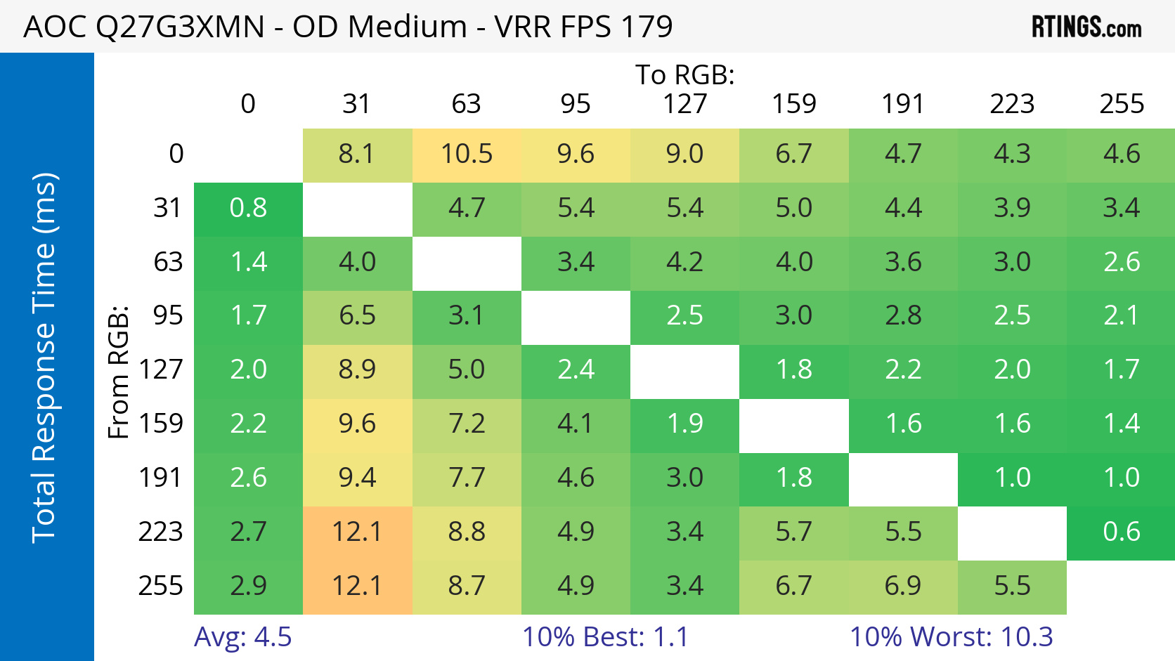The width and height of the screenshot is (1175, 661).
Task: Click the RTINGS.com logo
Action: (1086, 27)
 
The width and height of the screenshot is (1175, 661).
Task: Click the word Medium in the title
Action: (407, 27)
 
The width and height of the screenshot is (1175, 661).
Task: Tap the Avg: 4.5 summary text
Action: (242, 637)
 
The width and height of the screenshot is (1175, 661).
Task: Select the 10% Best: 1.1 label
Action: (605, 637)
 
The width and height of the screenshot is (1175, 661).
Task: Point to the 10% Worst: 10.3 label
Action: (951, 637)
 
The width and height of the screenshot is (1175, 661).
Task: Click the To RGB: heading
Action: (684, 74)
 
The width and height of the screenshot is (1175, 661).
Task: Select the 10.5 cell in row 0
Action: (467, 154)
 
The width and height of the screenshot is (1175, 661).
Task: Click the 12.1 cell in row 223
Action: (357, 532)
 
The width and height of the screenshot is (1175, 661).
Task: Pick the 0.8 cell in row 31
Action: (248, 208)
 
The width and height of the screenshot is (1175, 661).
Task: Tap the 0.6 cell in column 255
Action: (1121, 532)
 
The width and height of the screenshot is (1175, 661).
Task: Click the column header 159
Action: (794, 104)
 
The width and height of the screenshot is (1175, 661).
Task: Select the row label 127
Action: (161, 369)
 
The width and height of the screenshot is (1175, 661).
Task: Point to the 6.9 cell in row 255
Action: (903, 586)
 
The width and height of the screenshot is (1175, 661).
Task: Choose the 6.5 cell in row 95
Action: (357, 315)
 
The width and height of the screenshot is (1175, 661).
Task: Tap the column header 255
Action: (1122, 104)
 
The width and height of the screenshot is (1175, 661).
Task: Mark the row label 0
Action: (176, 154)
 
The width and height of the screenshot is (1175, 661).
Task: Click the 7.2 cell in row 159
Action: (467, 424)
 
